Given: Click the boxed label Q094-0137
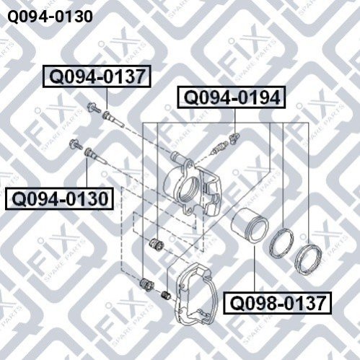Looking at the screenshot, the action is (x=97, y=76).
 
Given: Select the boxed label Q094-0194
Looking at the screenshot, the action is (x=232, y=97).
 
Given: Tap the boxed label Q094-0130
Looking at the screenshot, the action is (x=59, y=199).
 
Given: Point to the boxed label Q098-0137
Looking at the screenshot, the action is (x=277, y=303).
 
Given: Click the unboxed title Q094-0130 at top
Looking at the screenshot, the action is (x=50, y=17).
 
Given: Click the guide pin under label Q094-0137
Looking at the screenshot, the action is (x=113, y=119).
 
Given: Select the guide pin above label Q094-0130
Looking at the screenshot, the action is (x=96, y=156).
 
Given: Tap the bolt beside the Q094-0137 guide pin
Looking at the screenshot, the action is (x=94, y=108).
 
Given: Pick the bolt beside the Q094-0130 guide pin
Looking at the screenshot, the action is (x=76, y=144).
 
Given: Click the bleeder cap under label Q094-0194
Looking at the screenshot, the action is (x=234, y=138).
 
